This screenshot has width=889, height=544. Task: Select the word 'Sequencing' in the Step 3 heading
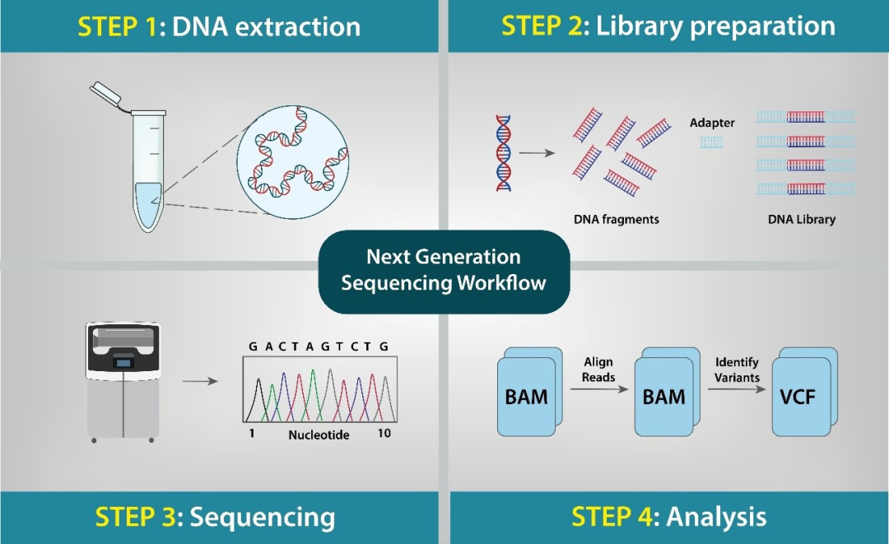click(x=263, y=517)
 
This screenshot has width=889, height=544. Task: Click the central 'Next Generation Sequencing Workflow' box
click(x=444, y=272)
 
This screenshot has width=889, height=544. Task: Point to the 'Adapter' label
click(x=712, y=123)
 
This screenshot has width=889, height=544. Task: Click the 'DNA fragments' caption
click(x=617, y=220)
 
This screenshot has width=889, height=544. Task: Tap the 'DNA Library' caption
click(x=801, y=220)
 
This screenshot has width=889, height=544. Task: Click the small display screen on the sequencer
click(x=123, y=360)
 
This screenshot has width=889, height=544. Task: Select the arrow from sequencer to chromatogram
click(x=200, y=382)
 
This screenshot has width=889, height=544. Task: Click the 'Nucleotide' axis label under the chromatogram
click(x=319, y=434)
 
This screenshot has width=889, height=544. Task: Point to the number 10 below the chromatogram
click(x=384, y=433)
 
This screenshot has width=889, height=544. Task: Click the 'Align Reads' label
click(x=598, y=370)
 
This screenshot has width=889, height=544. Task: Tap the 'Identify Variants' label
click(x=737, y=370)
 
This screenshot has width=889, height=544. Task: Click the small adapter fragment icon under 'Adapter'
click(x=711, y=142)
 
